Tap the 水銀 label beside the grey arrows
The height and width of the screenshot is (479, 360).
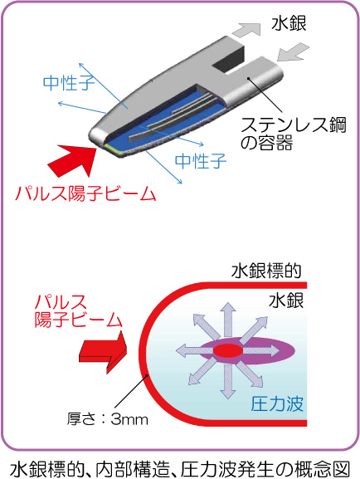(x=289, y=23)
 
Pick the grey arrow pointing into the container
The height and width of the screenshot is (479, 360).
(x=293, y=52)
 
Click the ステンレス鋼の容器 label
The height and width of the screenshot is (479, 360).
(x=294, y=134)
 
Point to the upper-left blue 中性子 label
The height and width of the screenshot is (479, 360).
(x=69, y=82)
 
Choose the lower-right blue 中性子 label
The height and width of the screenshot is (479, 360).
(x=201, y=161)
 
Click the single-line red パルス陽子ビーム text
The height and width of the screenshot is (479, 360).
(x=85, y=193)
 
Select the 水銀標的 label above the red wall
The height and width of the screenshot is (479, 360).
(x=266, y=271)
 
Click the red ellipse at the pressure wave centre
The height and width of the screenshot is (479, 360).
(x=228, y=350)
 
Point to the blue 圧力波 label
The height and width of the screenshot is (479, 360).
(x=277, y=403)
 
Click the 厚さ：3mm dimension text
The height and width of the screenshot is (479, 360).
(x=108, y=419)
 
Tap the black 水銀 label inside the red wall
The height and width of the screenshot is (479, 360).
(x=286, y=301)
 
